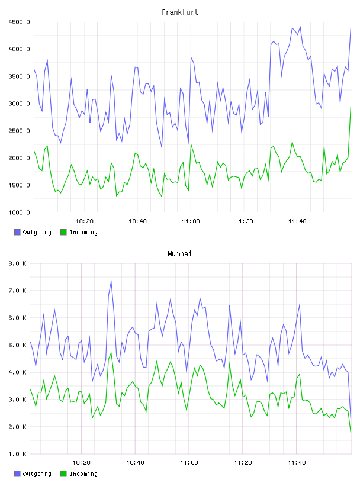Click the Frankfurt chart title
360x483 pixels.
180,12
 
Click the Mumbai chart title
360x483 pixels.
179,254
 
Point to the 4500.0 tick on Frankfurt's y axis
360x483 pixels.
19,22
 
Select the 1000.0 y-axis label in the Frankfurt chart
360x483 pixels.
19,212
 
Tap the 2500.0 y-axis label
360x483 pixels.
19,131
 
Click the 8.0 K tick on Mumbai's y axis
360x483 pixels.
17,263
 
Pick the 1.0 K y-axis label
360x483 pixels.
17,454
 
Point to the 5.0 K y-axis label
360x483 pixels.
17,345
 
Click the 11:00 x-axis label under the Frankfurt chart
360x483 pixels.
191,221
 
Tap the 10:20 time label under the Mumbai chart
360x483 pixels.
81,462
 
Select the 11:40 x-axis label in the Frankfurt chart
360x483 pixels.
297,221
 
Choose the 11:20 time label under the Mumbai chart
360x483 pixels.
243,462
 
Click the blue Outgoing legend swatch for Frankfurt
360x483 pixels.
17,232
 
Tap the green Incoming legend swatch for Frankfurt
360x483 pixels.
63,232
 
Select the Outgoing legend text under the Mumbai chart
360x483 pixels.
37,474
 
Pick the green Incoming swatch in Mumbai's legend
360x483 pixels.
63,474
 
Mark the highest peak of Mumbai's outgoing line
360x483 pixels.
111,281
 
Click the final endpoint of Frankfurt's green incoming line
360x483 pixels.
351,107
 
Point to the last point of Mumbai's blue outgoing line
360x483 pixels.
351,418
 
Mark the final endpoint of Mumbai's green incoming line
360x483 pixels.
351,432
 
